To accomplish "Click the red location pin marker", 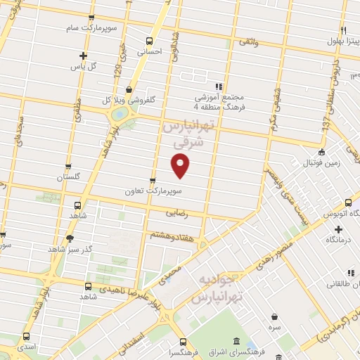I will point(181,165).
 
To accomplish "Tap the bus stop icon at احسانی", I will point(148,41).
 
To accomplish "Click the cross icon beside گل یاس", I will point(83,55).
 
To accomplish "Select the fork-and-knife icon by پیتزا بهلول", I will point(343,30).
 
